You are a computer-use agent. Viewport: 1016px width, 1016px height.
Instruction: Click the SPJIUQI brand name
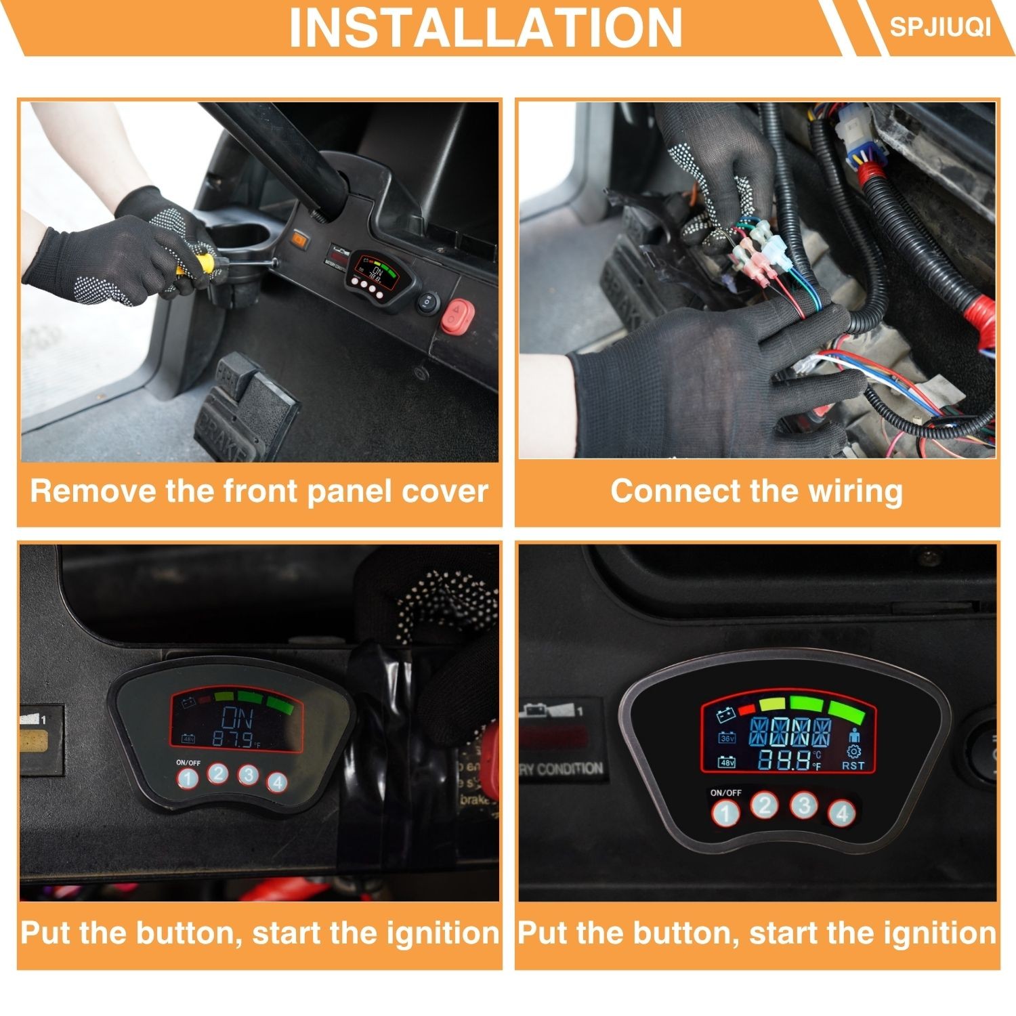[x=939, y=26]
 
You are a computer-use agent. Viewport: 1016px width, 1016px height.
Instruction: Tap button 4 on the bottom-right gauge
[x=842, y=812]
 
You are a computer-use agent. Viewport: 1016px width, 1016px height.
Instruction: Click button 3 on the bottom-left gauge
[x=248, y=775]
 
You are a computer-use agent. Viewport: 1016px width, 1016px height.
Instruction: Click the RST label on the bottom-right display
[x=853, y=765]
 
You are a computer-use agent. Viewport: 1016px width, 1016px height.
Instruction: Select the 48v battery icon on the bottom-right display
[x=727, y=762]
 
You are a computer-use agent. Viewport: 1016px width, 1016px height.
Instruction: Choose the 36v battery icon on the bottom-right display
[x=727, y=738]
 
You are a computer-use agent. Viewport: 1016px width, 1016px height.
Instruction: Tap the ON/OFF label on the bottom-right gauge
[x=725, y=792]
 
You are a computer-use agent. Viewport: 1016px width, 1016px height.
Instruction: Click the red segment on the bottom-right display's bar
[x=747, y=709]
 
